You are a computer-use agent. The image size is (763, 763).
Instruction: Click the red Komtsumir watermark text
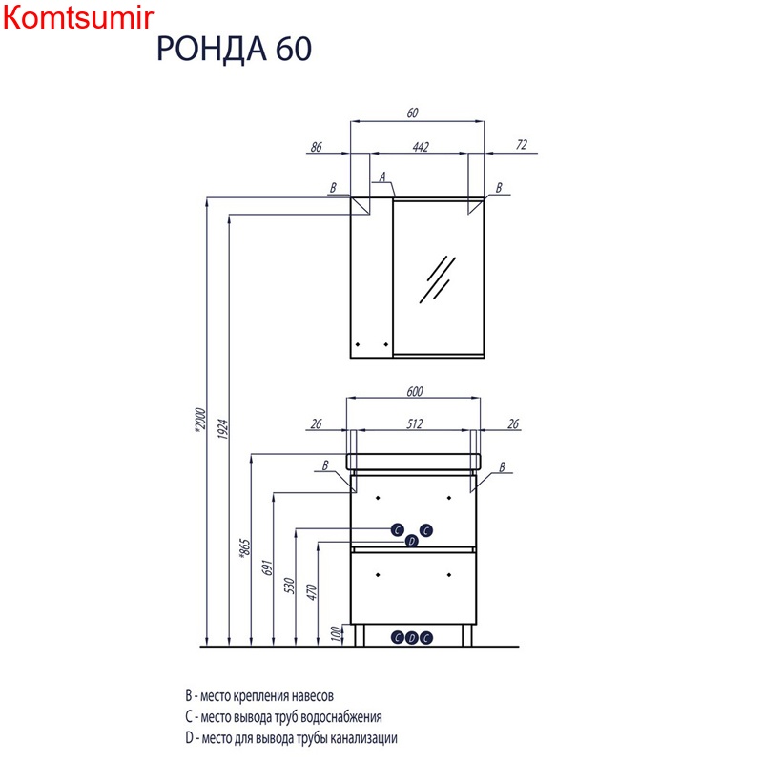pos(78,18)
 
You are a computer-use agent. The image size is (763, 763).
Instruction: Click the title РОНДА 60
pos(234,49)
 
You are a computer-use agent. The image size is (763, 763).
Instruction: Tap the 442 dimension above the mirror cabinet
pos(421,147)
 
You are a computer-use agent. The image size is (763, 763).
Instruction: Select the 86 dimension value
pos(317,147)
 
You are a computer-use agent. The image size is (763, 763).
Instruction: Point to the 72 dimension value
pos(521,145)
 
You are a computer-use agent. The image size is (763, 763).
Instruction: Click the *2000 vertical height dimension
pos(200,420)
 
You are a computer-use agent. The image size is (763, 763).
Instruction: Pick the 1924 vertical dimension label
pos(223,428)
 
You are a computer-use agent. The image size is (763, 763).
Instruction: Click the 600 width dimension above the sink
pos(415,391)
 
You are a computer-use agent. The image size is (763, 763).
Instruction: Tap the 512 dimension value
pos(415,423)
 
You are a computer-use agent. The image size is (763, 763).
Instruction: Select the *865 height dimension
pos(245,547)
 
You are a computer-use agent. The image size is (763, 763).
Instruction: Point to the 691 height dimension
pos(268,567)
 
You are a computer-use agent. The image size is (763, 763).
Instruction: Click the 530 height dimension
pos(290,586)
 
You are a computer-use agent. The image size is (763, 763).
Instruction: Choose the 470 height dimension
pos(312,592)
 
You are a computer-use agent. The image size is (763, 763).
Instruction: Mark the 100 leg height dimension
pos(337,633)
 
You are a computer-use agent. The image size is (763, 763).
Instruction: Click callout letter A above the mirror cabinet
pos(382,176)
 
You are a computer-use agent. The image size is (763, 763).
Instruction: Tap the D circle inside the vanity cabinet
pos(412,541)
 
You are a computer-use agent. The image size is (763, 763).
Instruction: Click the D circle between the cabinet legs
pos(412,638)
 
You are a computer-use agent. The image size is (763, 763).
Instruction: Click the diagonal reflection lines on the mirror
pos(438,279)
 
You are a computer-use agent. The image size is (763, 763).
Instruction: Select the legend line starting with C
pos(283,717)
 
